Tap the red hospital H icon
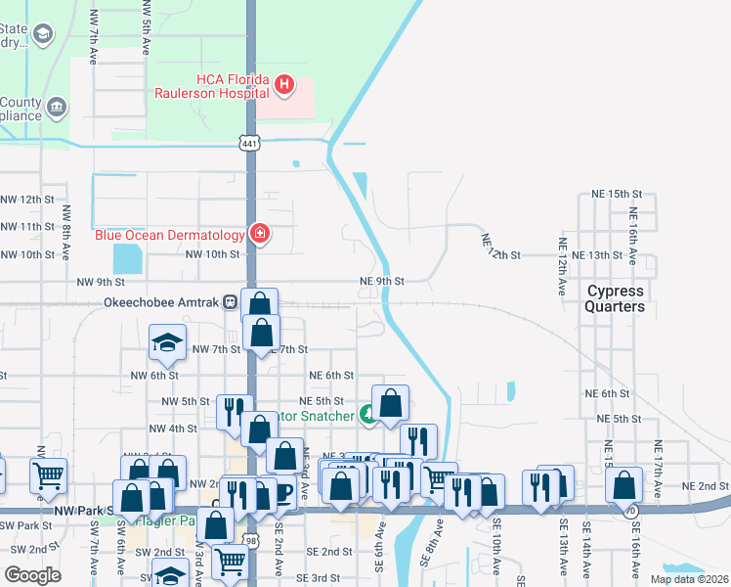click(284, 85)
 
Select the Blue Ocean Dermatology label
click(169, 235)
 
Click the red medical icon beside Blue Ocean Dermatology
click(260, 234)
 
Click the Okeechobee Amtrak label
click(161, 302)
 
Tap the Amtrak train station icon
click(231, 302)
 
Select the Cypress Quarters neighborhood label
click(616, 298)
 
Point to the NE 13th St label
click(597, 254)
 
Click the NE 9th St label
click(382, 281)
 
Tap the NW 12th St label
click(27, 199)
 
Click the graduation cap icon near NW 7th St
click(166, 342)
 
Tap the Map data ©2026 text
click(689, 579)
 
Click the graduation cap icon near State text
click(43, 35)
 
